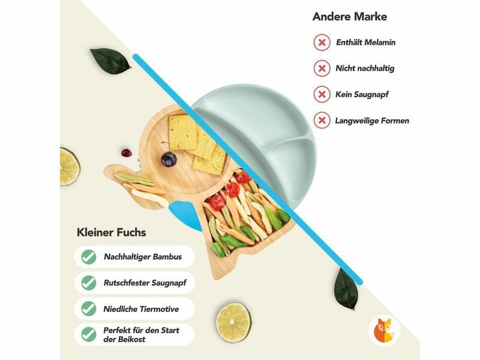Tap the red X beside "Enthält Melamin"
coord(322,43)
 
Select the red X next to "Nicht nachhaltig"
coord(322,68)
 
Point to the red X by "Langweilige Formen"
coord(322,121)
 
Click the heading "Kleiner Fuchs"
coord(111,232)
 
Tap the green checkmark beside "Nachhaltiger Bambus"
coord(89,257)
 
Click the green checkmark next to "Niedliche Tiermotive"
coord(89,308)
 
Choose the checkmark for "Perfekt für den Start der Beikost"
coord(89,334)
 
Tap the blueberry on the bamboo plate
coord(170,158)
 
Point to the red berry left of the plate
coord(125,152)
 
